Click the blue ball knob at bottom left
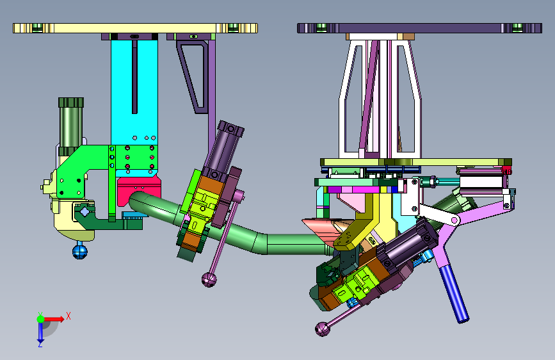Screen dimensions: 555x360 tap(79, 252)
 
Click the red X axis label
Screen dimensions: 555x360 tap(68, 316)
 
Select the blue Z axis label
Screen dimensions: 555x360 tap(40, 344)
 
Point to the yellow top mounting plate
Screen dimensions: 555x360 tap(135, 28)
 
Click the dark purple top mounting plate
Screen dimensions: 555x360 tap(419, 28)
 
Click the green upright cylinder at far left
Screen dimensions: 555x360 tap(71, 126)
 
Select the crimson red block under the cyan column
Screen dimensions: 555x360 tap(139, 190)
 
